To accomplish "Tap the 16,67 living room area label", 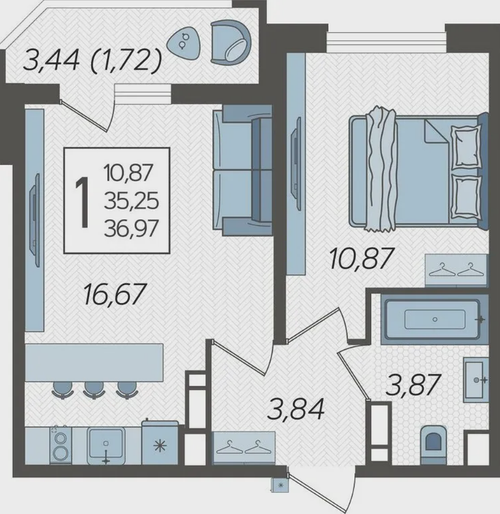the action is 115,294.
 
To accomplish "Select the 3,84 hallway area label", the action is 295,408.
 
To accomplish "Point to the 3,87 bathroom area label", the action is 413,385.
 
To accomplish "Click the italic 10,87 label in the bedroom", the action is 361,258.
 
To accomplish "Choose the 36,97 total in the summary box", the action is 131,228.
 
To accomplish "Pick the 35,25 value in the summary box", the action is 131,201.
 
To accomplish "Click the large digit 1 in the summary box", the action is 82,201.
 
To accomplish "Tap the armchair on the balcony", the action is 231,43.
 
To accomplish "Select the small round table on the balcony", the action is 184,42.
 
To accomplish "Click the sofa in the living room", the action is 242,170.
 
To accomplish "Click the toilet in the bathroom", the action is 433,445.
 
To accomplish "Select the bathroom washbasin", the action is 476,380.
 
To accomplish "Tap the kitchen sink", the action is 106,446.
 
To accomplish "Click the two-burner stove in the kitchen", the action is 60,445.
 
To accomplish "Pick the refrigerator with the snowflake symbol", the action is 160,443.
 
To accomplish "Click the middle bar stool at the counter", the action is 93,390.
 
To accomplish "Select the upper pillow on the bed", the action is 466,146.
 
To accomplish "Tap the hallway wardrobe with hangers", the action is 244,448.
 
